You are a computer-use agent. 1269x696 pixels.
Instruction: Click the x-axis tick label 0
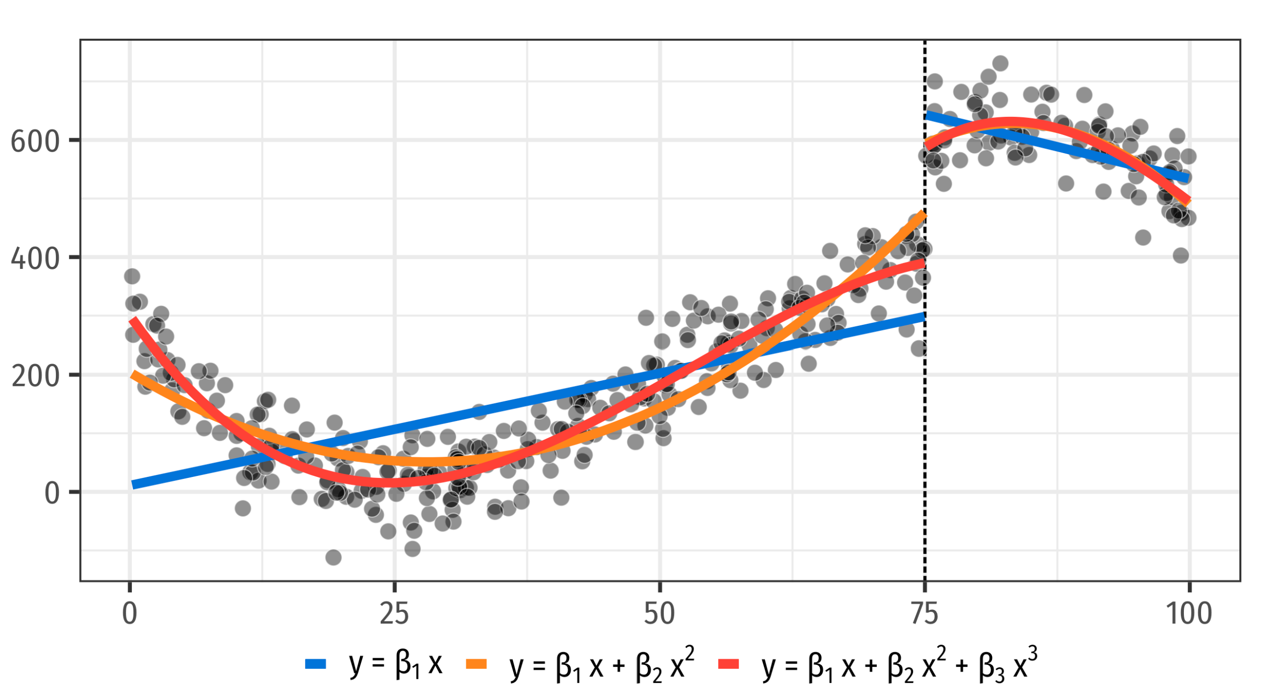[130, 614]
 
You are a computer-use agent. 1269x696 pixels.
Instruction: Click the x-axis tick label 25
[395, 614]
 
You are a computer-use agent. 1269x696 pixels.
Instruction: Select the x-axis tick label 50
[660, 614]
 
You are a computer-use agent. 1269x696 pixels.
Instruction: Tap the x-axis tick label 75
[925, 614]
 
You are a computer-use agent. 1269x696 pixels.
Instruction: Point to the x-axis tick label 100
[1189, 614]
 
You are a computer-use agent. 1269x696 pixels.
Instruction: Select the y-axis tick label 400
[35, 259]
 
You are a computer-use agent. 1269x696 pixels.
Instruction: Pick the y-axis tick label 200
[35, 376]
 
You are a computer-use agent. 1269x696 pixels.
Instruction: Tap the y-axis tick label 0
[52, 494]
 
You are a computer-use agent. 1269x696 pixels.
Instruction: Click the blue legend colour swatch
[316, 664]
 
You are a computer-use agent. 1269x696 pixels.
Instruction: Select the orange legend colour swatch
[476, 664]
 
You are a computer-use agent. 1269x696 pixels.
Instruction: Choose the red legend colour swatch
[729, 664]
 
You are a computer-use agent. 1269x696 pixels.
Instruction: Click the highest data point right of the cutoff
[1000, 63]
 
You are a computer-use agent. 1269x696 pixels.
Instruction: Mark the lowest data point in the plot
[333, 558]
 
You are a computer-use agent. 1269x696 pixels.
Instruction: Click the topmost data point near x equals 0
[132, 276]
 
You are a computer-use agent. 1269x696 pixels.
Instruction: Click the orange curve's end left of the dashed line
[923, 215]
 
